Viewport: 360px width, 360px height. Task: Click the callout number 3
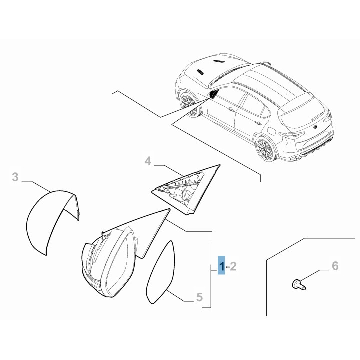click(15, 177)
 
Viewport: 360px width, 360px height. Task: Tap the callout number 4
click(148, 161)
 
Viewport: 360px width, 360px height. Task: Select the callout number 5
click(199, 297)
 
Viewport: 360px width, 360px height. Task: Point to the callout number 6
click(335, 266)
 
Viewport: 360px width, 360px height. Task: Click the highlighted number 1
click(222, 266)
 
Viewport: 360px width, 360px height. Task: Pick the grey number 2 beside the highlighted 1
click(233, 266)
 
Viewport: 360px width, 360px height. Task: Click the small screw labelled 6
click(298, 284)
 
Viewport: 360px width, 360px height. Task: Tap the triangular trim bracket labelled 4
click(186, 189)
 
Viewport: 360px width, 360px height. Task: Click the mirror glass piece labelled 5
click(160, 273)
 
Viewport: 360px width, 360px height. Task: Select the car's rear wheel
click(266, 149)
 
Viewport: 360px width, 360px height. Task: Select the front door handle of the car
click(231, 109)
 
